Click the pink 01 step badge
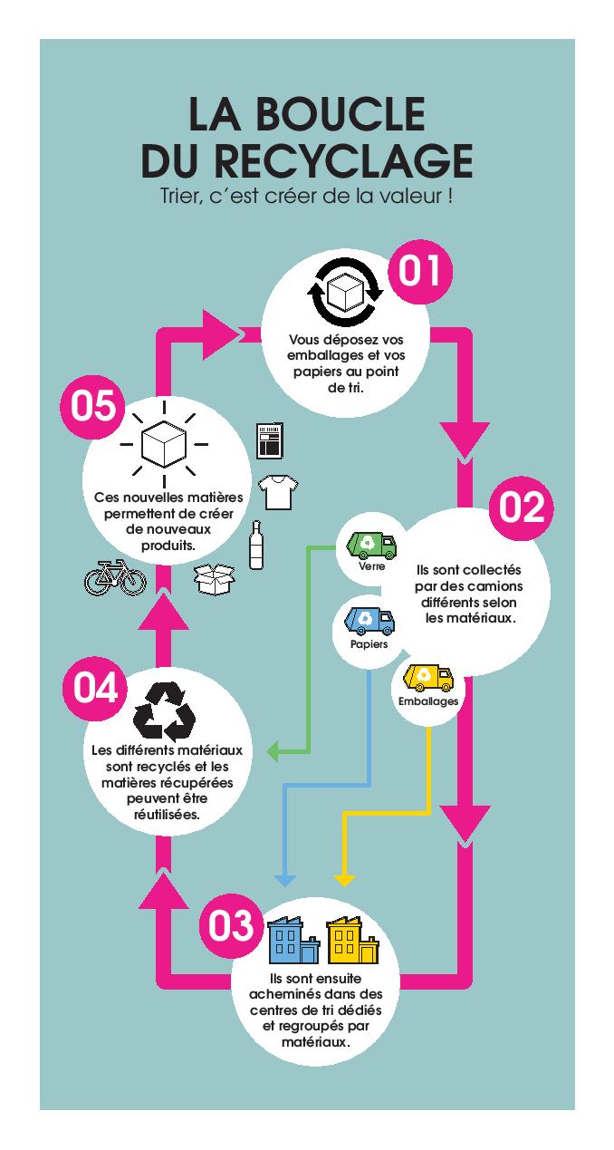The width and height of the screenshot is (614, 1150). pyautogui.click(x=420, y=272)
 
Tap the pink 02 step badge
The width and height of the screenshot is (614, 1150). pyautogui.click(x=521, y=507)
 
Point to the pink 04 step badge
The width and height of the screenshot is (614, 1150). pyautogui.click(x=95, y=689)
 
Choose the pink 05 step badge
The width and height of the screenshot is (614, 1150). pyautogui.click(x=93, y=406)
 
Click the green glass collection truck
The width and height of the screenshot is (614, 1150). pyautogui.click(x=372, y=545)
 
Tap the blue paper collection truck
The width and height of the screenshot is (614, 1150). pyautogui.click(x=369, y=620)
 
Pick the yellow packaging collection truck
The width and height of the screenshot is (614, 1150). pyautogui.click(x=428, y=678)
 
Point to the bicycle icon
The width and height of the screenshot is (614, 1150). pyautogui.click(x=115, y=577)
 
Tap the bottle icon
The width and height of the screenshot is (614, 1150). pyautogui.click(x=255, y=545)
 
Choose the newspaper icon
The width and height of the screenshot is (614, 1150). pyautogui.click(x=270, y=440)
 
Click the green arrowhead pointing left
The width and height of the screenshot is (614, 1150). pyautogui.click(x=274, y=751)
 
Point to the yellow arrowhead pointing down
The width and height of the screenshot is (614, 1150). pyautogui.click(x=345, y=880)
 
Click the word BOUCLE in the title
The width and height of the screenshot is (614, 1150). pyautogui.click(x=341, y=113)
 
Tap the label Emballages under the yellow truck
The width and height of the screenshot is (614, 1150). pyautogui.click(x=428, y=701)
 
